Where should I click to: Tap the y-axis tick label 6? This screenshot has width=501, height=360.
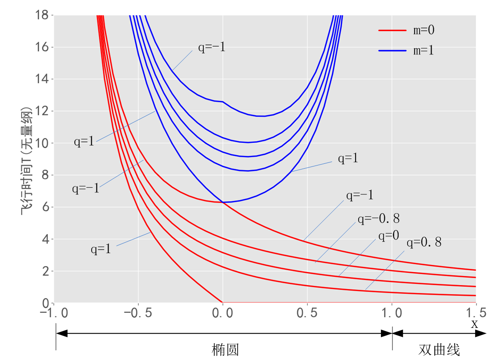point(46,207)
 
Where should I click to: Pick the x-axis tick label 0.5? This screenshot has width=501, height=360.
point(307,313)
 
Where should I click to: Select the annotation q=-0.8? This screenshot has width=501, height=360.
point(378,218)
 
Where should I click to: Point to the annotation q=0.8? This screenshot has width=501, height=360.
point(424,242)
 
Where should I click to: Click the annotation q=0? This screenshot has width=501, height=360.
point(389,235)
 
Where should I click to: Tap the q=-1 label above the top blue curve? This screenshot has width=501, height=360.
point(212,48)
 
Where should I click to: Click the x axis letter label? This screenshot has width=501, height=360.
point(474,324)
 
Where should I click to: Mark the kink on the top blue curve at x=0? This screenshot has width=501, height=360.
point(222,102)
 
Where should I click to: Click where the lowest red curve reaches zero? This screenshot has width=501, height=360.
point(222,303)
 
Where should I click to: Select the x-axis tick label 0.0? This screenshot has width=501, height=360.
point(222,313)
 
